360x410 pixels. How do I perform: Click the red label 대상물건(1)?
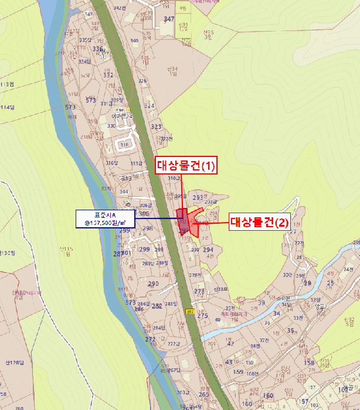click(186, 166)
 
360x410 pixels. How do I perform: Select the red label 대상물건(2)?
click(259, 222)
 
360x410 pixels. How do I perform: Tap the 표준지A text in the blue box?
click(105, 214)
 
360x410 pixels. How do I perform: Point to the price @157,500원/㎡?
click(105, 223)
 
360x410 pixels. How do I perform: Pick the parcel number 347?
click(169, 19)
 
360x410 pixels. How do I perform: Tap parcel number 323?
click(155, 127)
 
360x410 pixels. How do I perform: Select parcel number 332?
click(108, 75)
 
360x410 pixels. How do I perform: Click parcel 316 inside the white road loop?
click(124, 145)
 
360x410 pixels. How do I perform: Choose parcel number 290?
click(153, 283)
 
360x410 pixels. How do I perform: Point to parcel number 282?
click(157, 306)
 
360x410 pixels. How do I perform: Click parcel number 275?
click(203, 316)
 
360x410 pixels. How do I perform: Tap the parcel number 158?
click(309, 363)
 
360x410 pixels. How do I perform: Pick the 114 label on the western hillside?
click(7, 107)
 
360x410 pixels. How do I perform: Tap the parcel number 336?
click(98, 49)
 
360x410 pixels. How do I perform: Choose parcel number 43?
click(229, 362)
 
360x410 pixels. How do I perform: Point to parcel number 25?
click(331, 283)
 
